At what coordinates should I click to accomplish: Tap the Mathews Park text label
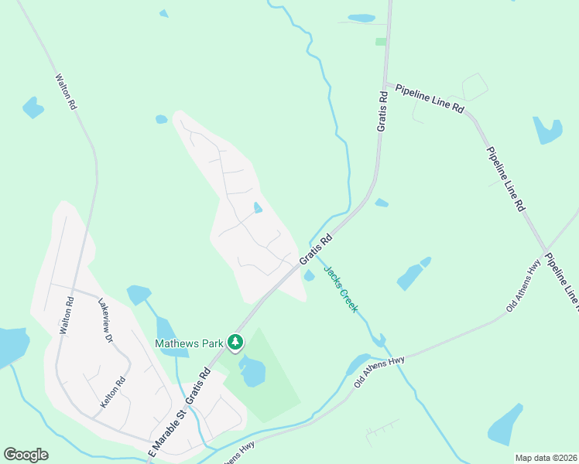(x=189, y=343)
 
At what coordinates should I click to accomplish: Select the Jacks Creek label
(x=341, y=289)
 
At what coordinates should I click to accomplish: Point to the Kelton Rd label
(x=113, y=394)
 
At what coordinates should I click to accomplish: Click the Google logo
(x=26, y=455)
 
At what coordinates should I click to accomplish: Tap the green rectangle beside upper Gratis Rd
(x=380, y=42)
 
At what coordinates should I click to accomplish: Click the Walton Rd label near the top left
(x=66, y=91)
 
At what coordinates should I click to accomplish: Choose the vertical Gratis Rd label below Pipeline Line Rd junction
(x=382, y=111)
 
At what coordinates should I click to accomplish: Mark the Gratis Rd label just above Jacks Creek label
(x=316, y=251)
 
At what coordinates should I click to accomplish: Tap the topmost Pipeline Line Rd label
(x=429, y=100)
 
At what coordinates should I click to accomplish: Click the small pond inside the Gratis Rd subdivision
(x=258, y=207)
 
